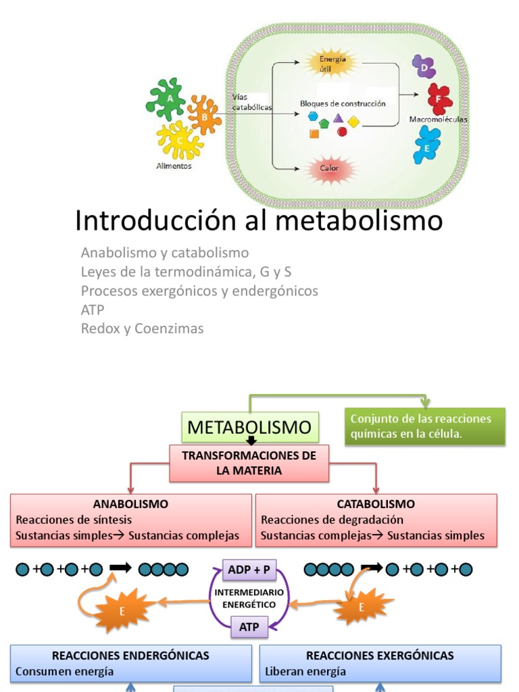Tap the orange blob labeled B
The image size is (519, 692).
(x=204, y=116)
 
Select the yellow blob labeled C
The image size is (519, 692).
(x=180, y=141)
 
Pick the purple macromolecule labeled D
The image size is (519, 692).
(x=424, y=67)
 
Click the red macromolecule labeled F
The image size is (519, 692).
(x=440, y=99)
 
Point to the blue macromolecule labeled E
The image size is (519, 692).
(x=426, y=145)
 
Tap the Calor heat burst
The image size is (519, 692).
(x=330, y=169)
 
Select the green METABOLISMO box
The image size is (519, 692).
(x=249, y=427)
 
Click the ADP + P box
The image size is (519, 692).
(x=249, y=570)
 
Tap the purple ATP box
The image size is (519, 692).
(x=249, y=626)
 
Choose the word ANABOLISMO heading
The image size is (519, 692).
(x=130, y=504)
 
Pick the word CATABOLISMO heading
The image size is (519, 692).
(x=376, y=504)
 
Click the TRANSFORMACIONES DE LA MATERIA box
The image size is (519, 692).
(x=249, y=463)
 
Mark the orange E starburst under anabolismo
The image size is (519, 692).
(x=122, y=610)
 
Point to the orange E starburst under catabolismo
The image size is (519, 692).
(x=362, y=607)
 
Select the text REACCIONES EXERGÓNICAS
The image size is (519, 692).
(x=380, y=656)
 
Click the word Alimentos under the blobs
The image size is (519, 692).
(x=174, y=166)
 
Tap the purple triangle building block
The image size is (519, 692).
(x=339, y=118)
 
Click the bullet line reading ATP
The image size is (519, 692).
(x=93, y=310)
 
